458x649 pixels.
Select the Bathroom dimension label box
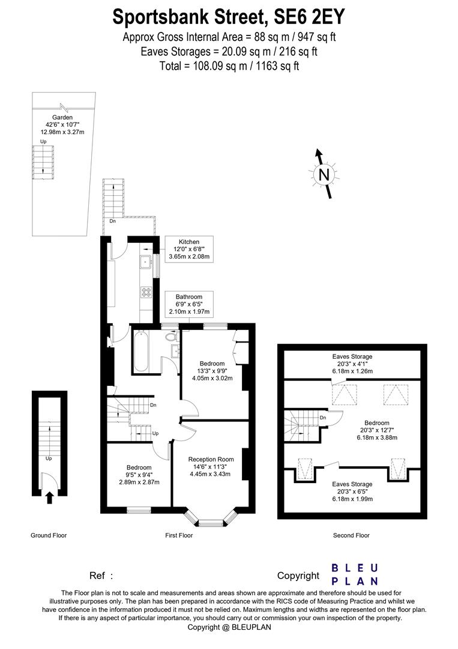(188, 304)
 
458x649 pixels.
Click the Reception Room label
(206, 466)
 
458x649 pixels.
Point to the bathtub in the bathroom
(142, 352)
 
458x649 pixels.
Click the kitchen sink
(145, 261)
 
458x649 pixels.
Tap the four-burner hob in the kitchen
(145, 292)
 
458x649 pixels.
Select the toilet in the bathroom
(170, 338)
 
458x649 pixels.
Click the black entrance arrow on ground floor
(50, 497)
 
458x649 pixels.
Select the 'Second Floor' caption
(351, 535)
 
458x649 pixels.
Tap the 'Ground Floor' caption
(49, 535)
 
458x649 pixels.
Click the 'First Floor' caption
(179, 535)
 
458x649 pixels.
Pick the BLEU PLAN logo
(355, 574)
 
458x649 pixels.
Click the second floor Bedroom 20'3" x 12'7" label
(376, 430)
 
